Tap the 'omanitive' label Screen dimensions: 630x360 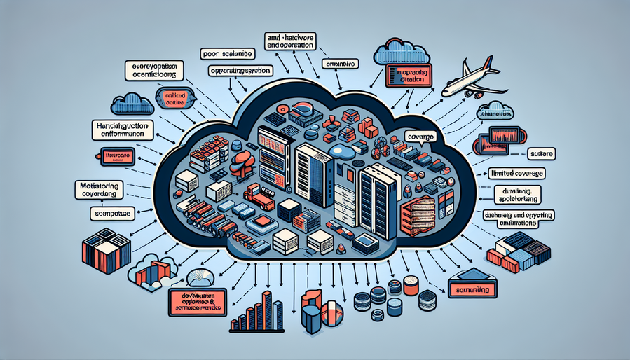pyautogui.click(x=341, y=64)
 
